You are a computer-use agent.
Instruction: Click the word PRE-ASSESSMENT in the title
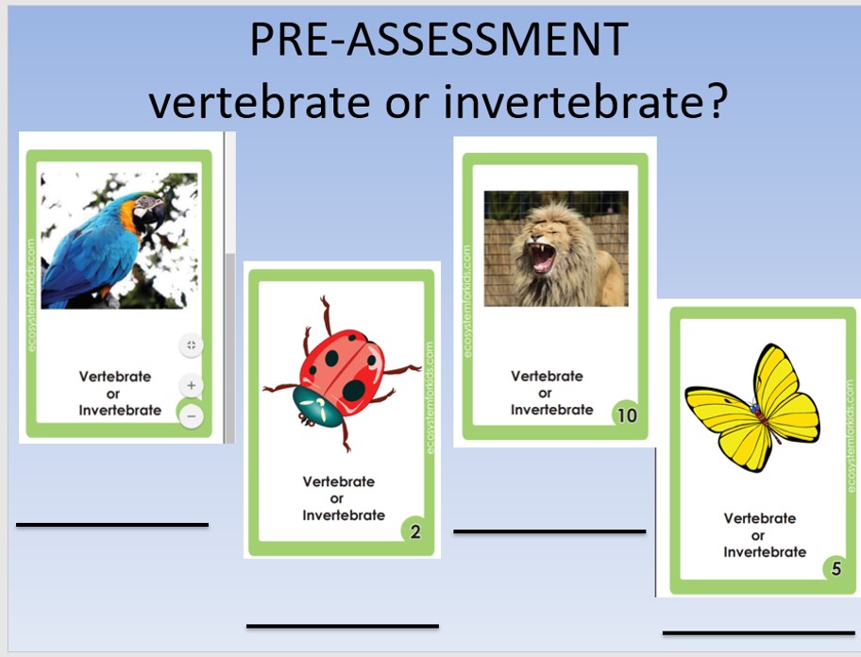click(x=439, y=40)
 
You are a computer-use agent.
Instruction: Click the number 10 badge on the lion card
click(x=627, y=415)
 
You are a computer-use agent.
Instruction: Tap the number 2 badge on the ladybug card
click(x=415, y=531)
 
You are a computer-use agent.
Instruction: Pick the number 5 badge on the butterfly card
click(x=836, y=568)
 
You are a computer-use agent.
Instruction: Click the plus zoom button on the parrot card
click(x=191, y=385)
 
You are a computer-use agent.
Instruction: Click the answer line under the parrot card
click(x=112, y=525)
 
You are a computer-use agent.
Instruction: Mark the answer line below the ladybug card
click(x=343, y=626)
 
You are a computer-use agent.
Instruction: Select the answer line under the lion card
click(x=549, y=531)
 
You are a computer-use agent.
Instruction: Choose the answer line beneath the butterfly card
click(x=759, y=632)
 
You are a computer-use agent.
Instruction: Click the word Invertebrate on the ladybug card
click(x=344, y=515)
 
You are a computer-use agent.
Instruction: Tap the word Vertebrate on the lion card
click(x=547, y=376)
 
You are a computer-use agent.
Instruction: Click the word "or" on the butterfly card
click(x=758, y=535)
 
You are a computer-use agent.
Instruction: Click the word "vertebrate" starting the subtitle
click(x=260, y=103)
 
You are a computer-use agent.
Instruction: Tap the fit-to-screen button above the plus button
click(x=191, y=345)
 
